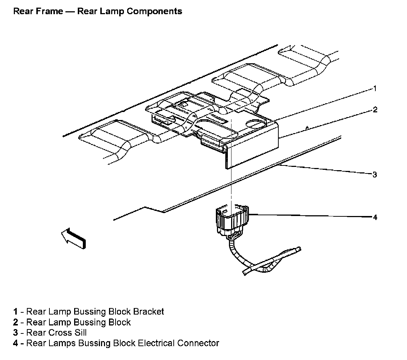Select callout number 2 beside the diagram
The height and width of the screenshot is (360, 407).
pyautogui.click(x=375, y=110)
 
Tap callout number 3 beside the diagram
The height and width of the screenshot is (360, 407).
pyautogui.click(x=375, y=175)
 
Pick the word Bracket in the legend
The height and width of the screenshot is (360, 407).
pyautogui.click(x=149, y=312)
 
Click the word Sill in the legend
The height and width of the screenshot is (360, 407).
pyautogui.click(x=79, y=333)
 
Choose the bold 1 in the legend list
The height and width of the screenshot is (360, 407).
pyautogui.click(x=15, y=312)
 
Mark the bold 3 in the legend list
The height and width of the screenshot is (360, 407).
pyautogui.click(x=15, y=333)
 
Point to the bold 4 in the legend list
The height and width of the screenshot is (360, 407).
pyautogui.click(x=15, y=343)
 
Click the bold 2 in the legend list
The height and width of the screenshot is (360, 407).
pyautogui.click(x=15, y=322)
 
